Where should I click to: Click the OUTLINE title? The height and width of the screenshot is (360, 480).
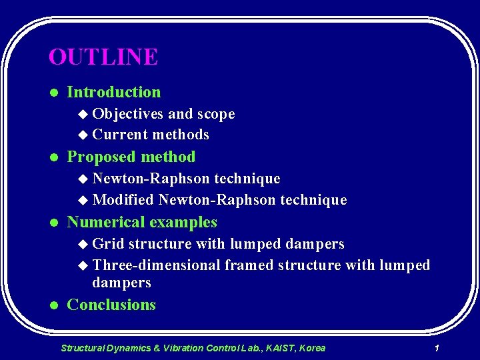point(103,57)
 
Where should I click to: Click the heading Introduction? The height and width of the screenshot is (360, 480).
point(114,92)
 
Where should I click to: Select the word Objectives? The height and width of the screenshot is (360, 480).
point(128,114)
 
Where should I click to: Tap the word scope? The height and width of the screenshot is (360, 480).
point(215,114)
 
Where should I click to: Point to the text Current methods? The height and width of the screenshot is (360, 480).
point(151,135)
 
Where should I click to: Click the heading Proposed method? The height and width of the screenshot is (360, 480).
point(131,157)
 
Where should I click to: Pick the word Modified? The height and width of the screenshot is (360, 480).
point(123,200)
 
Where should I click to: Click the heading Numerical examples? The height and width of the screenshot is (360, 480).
point(142,222)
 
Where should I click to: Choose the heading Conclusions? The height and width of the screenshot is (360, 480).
point(111,305)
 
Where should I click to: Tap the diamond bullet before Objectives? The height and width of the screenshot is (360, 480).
point(83,115)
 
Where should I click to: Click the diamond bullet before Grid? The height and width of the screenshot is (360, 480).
point(83,245)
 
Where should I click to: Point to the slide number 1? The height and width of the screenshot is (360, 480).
point(436,348)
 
